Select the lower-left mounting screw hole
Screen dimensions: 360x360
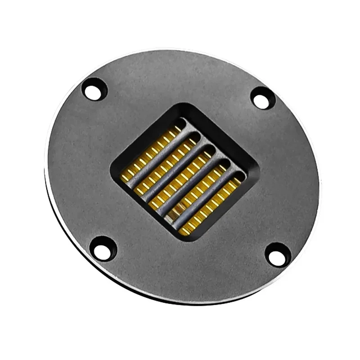[x=103, y=249]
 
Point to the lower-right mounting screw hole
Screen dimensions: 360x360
[x=278, y=255]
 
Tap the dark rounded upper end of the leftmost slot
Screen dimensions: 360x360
[x=180, y=122]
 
